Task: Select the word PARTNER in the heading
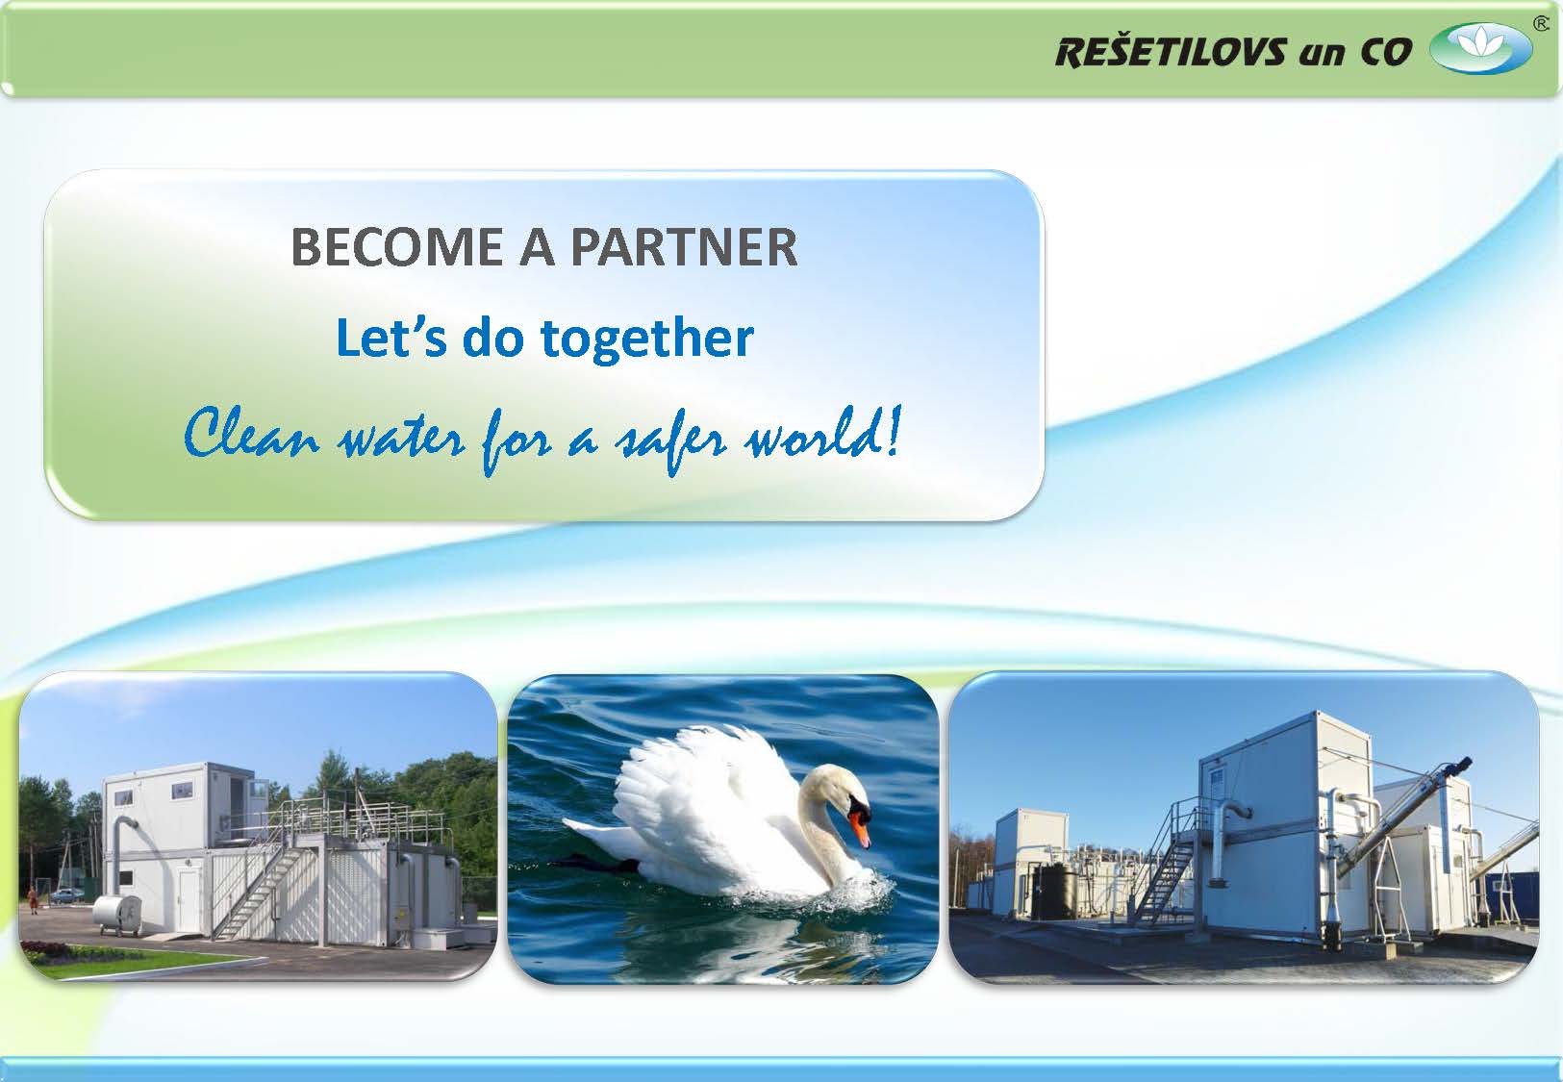pyautogui.click(x=684, y=247)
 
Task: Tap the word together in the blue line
pyautogui.click(x=646, y=340)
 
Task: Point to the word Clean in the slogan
pyautogui.click(x=252, y=435)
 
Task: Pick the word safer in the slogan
pyautogui.click(x=672, y=440)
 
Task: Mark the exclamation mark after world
pyautogui.click(x=895, y=431)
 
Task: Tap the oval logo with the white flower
pyautogui.click(x=1480, y=48)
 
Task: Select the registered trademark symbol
pyautogui.click(x=1541, y=24)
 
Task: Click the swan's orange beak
pyautogui.click(x=862, y=830)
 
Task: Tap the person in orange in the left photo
pyautogui.click(x=32, y=900)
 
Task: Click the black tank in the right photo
pyautogui.click(x=1053, y=892)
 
